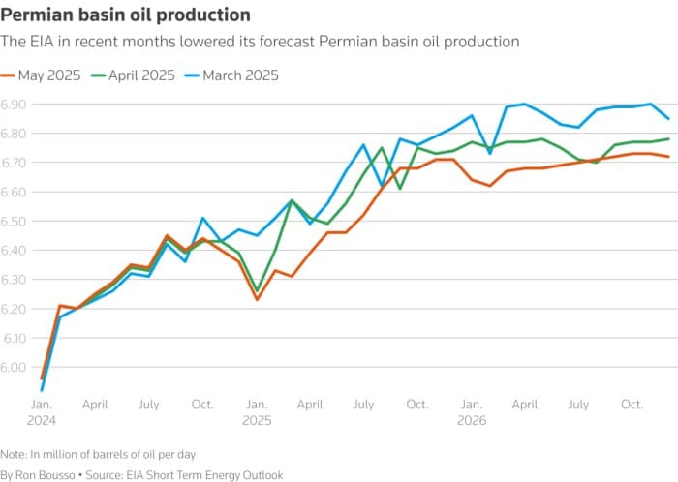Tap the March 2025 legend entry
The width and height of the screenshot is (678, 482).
pos(239,74)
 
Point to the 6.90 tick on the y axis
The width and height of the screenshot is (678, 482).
pos(15,104)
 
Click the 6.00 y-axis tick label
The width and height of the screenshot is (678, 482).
pos(15,367)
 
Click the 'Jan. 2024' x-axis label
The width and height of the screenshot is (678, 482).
pos(42,412)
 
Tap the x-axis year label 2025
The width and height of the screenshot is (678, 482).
pos(257,421)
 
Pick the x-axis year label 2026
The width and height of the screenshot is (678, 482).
pos(471,421)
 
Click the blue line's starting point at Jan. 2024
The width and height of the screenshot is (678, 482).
pos(42,390)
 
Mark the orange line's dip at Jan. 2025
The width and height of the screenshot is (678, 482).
pos(257,299)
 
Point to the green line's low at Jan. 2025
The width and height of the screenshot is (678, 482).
pos(257,290)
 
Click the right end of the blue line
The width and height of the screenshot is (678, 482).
pos(668,118)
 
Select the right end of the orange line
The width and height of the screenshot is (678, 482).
pos(668,156)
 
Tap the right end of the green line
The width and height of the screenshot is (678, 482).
pos(668,138)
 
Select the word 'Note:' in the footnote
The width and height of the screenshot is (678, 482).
pos(14,453)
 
